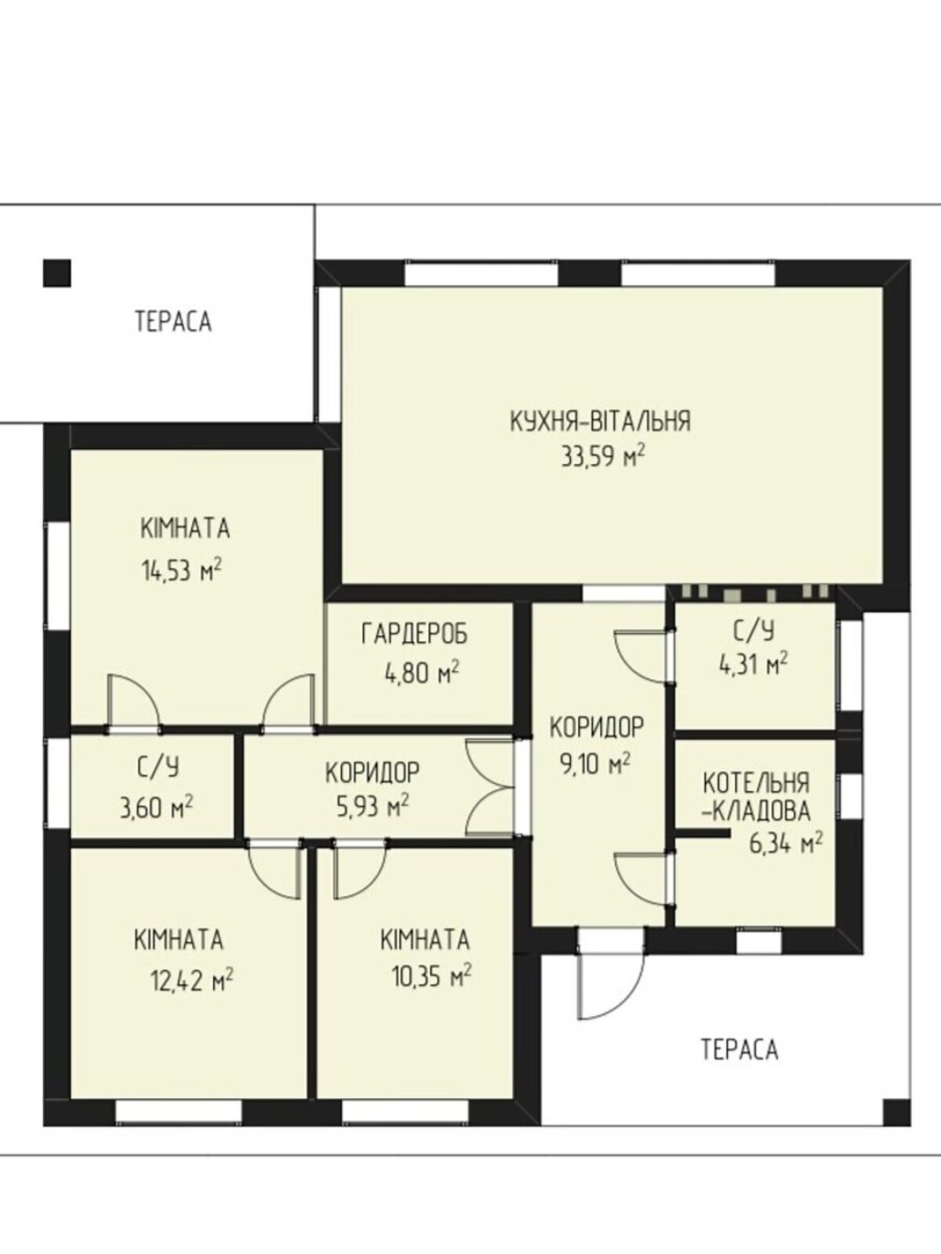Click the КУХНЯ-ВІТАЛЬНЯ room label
(x=600, y=421)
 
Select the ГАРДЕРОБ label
(x=415, y=634)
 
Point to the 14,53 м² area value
(x=181, y=570)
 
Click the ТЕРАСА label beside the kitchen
(x=173, y=321)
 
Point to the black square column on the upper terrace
(x=57, y=273)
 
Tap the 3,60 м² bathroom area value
(x=156, y=808)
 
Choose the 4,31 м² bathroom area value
(x=753, y=665)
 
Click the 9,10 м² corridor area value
(x=595, y=763)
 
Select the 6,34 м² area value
(x=787, y=843)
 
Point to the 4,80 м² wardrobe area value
(x=422, y=673)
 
